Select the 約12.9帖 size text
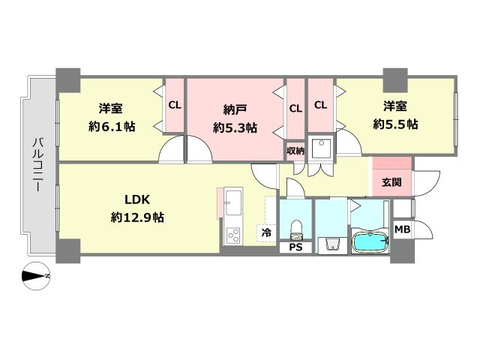[x=137, y=217]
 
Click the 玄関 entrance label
[x=391, y=182]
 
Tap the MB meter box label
[x=403, y=229]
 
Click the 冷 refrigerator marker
[x=265, y=234]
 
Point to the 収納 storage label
[x=295, y=150]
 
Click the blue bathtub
[x=369, y=242]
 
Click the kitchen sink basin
[x=233, y=202]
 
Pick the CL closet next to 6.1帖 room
[x=174, y=105]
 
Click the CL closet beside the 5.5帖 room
[x=320, y=105]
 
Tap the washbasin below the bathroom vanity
[x=331, y=244]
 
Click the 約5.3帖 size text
[x=235, y=127]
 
